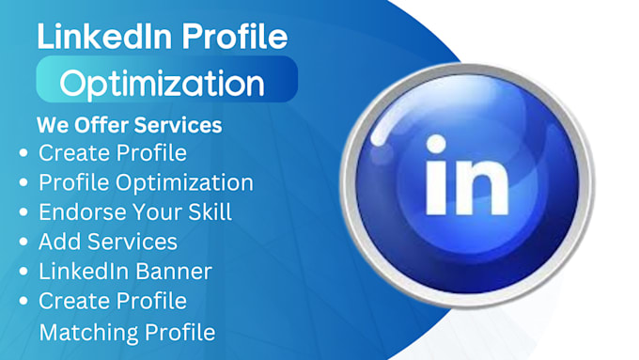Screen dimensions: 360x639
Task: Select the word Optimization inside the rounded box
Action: [162, 83]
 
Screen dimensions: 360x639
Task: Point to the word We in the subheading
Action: [51, 125]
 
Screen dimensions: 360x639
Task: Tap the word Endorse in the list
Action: [78, 211]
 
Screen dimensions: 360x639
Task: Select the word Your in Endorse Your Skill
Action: [148, 211]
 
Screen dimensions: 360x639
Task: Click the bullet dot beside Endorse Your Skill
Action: [23, 212]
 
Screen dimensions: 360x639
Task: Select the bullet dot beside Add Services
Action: [23, 243]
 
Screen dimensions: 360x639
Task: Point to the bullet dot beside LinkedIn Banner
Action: [23, 273]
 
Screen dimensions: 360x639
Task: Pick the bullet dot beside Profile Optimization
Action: [23, 182]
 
